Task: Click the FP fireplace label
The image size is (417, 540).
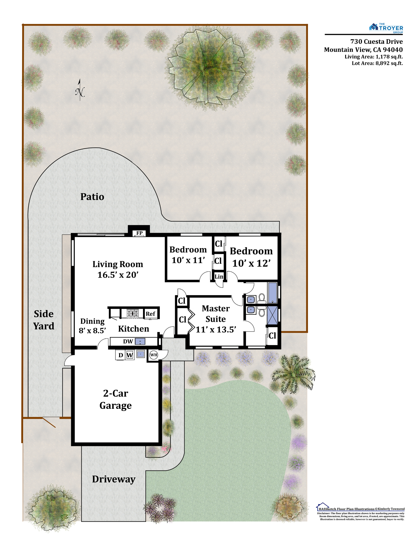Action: (139, 233)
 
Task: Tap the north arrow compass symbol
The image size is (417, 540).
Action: (80, 90)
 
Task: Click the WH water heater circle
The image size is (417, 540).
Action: (154, 355)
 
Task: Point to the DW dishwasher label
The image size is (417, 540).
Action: (128, 341)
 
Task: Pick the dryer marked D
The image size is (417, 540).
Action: (121, 355)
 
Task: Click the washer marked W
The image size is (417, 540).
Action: (130, 355)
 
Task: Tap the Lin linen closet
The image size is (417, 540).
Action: (219, 276)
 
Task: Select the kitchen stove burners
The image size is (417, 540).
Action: (133, 313)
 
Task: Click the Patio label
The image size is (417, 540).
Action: (92, 197)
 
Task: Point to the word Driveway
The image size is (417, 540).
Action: (114, 479)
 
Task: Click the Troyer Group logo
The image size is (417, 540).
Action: (386, 28)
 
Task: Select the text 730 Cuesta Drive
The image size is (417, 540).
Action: (376, 41)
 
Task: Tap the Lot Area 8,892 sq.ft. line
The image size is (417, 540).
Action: (377, 63)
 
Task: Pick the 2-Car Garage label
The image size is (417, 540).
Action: (116, 399)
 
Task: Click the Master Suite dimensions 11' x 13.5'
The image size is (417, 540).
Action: (216, 329)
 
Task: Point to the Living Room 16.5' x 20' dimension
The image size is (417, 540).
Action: (118, 275)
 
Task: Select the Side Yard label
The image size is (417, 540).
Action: (44, 320)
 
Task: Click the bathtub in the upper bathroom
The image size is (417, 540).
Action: (272, 293)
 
